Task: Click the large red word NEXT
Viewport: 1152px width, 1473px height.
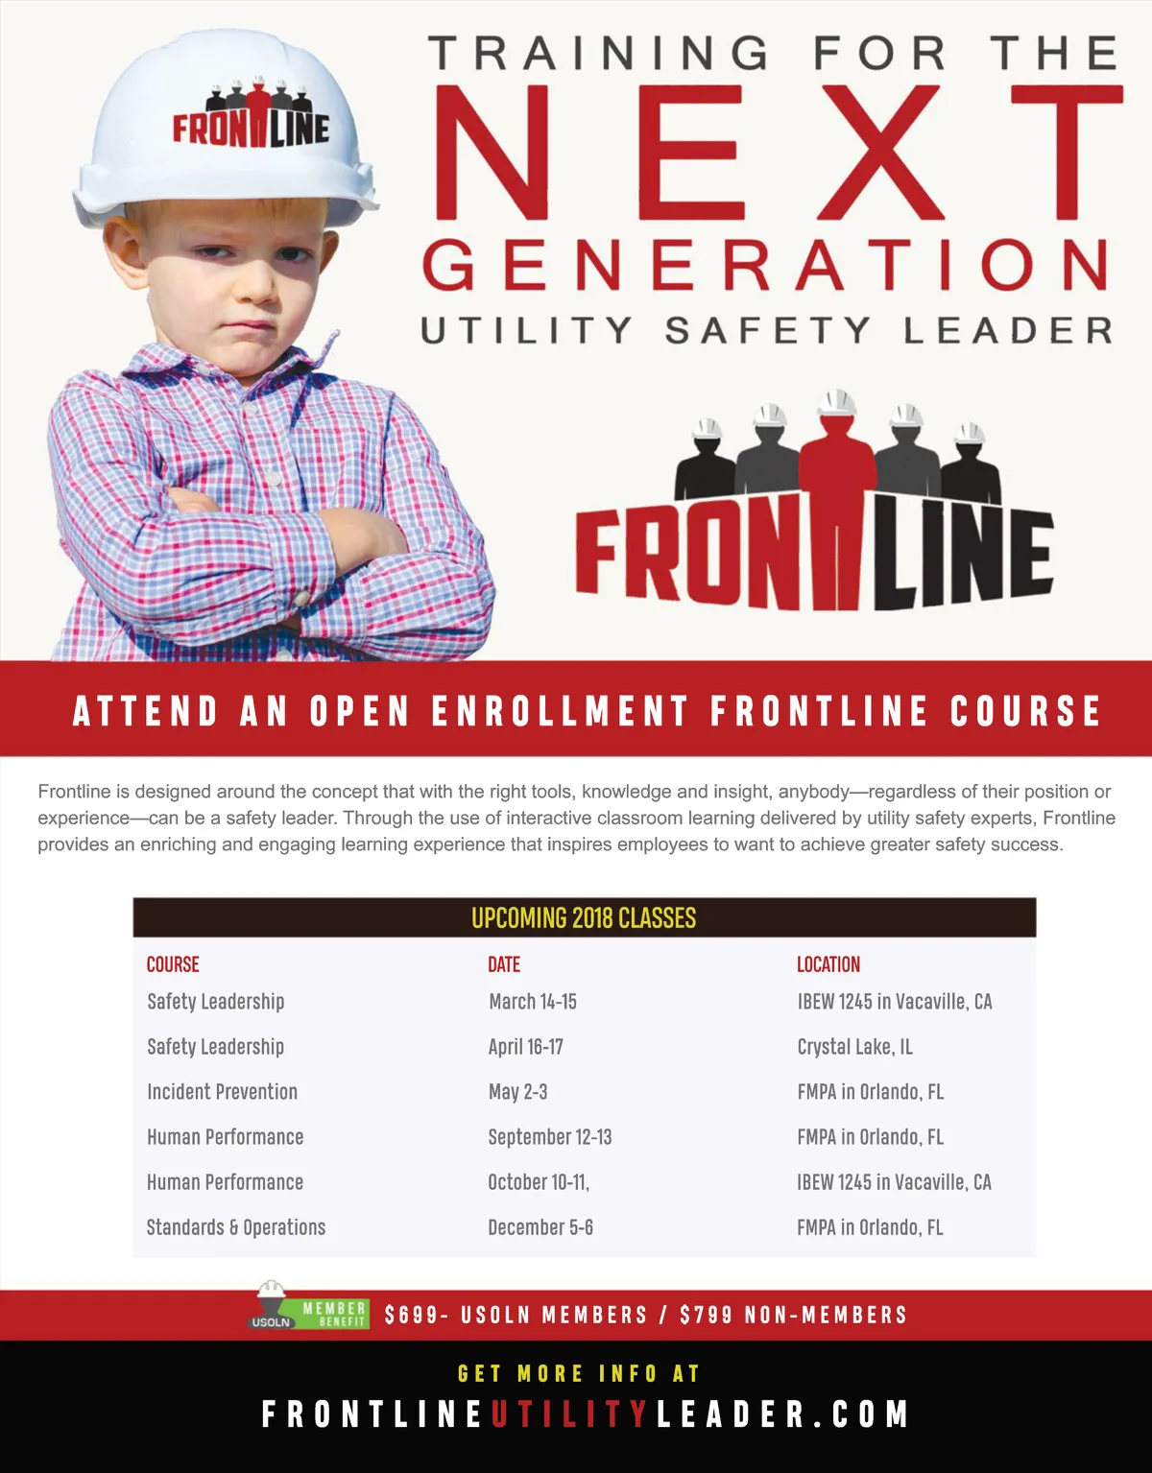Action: coord(778,154)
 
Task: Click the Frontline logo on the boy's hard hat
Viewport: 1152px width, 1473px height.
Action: coord(252,118)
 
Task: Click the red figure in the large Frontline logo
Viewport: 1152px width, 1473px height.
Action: coord(838,499)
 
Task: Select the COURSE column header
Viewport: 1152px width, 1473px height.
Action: coord(173,964)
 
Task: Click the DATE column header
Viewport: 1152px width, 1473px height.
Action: coord(504,964)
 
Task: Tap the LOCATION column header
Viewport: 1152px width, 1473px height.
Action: coord(828,964)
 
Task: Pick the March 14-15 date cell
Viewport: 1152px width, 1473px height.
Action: coord(533,1002)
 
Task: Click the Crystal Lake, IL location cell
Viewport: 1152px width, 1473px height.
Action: coord(854,1047)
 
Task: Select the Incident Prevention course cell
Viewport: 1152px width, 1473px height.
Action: coord(222,1092)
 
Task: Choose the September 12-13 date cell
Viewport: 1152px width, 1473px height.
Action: coord(549,1137)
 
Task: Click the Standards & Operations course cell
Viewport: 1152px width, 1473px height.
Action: coord(236,1227)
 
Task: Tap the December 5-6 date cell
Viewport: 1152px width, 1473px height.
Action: coord(540,1227)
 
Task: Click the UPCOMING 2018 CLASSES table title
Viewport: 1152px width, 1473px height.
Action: coord(584,918)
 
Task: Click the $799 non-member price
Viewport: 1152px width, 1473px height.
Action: coord(706,1315)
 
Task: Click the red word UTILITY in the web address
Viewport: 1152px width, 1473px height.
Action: coord(570,1414)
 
